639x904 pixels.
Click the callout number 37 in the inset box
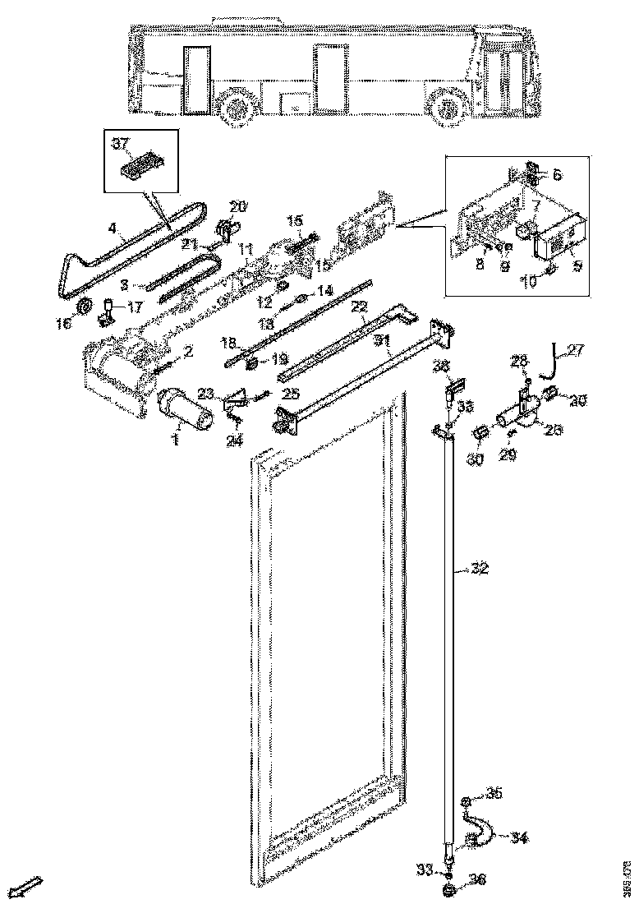121,145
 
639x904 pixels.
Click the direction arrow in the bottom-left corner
30,885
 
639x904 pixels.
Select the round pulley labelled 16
82,308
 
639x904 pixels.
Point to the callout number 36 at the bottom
478,879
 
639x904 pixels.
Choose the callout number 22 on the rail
357,306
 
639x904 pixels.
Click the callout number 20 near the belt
237,205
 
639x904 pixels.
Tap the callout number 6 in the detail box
558,174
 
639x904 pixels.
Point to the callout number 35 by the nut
493,793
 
